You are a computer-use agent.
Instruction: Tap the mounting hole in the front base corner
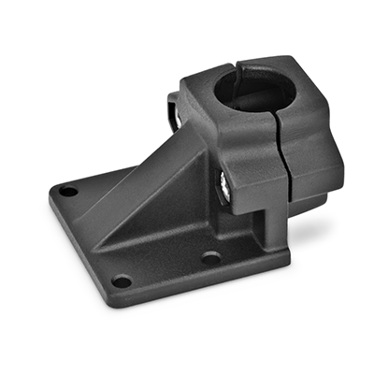point(120,280)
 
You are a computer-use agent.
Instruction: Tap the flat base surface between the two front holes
point(164,266)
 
